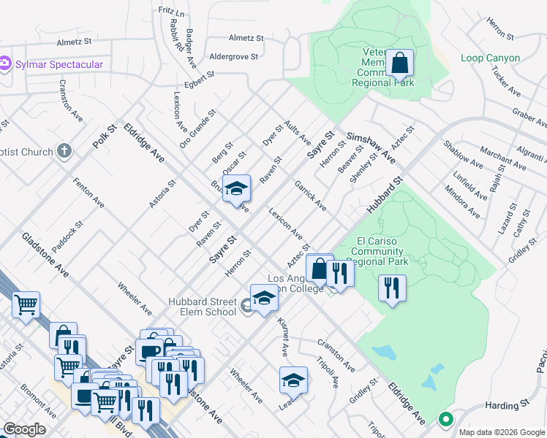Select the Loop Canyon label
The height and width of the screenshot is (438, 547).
point(491,58)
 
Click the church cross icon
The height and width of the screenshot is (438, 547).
point(65,152)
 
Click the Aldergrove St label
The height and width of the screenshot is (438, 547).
point(234,56)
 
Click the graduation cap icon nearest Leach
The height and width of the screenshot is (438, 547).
point(293,380)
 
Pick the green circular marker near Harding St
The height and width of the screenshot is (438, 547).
point(445,420)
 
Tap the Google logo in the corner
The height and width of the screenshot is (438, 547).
point(25,429)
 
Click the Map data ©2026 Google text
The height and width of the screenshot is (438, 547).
point(501,432)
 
